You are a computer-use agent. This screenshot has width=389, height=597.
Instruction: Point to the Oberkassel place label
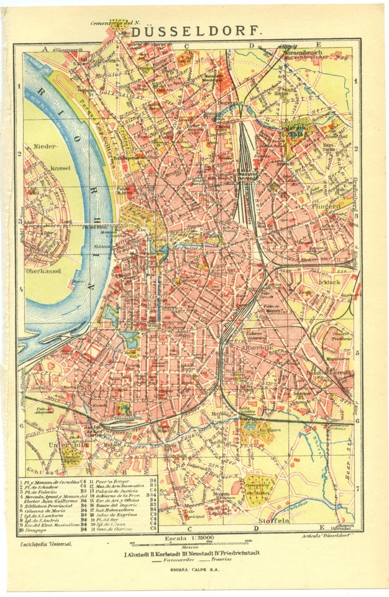(x=43, y=272)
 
